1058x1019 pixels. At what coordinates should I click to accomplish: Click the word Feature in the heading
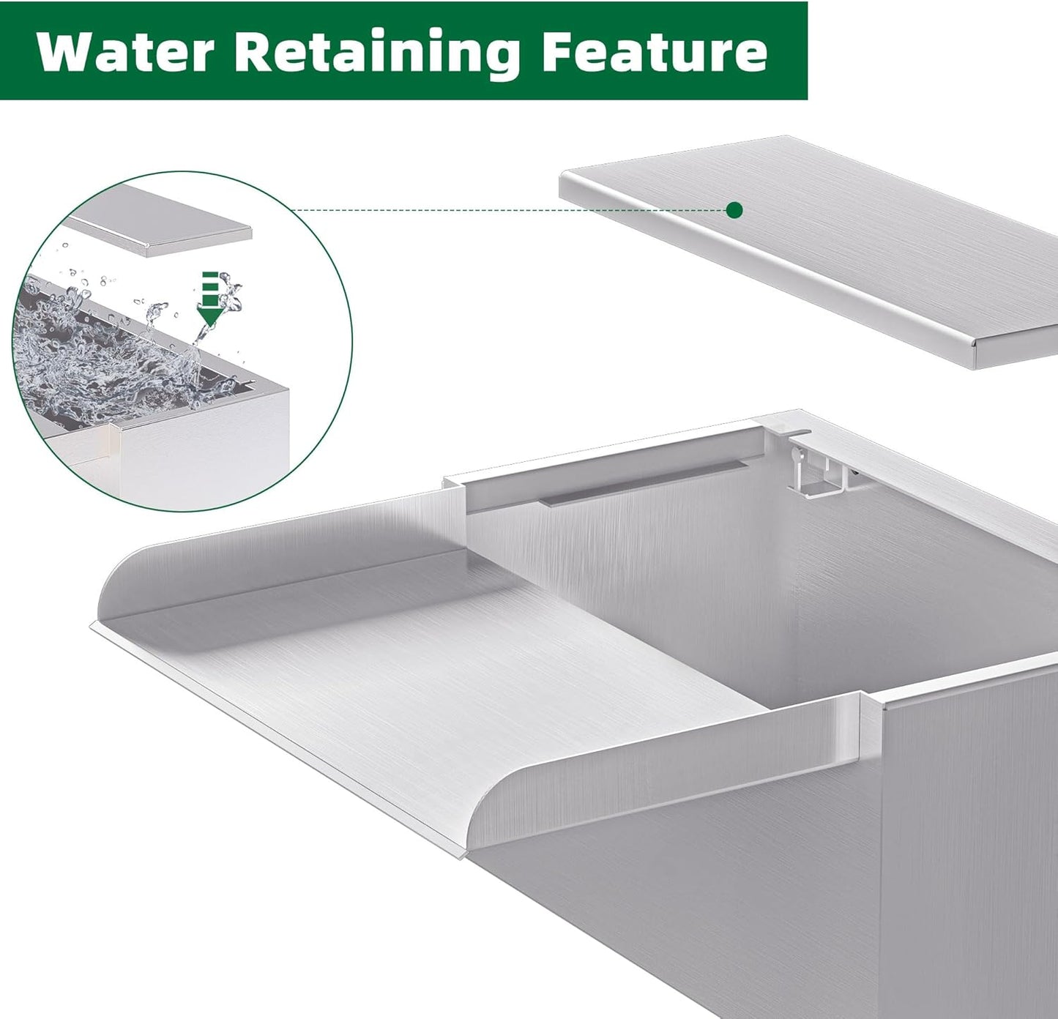(x=655, y=51)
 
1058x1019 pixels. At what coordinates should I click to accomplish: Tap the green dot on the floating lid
(x=735, y=211)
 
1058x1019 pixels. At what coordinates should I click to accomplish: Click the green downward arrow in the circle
(x=210, y=299)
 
